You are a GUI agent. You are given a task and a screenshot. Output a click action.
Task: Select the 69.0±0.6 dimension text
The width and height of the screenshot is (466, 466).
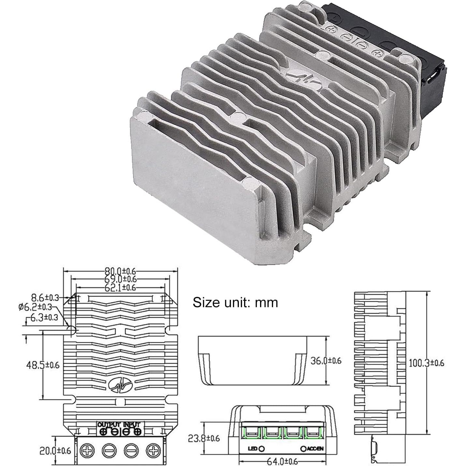pos(120,279)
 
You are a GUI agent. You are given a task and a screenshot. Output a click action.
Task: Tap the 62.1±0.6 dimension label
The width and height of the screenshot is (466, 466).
pos(120,287)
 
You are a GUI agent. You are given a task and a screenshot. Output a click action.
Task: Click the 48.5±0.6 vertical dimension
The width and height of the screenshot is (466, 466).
pos(43,365)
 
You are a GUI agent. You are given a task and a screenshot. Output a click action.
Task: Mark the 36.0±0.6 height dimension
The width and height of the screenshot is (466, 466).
pos(326,361)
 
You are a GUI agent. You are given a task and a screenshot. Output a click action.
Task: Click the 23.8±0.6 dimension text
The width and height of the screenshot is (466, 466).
pos(204,438)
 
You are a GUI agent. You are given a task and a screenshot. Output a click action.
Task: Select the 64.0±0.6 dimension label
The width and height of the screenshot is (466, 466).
pos(282,462)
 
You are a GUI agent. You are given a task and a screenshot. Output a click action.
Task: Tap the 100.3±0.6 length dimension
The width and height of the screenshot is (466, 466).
pos(427,363)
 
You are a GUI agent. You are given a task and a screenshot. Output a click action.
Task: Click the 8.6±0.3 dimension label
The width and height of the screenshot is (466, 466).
pos(45,297)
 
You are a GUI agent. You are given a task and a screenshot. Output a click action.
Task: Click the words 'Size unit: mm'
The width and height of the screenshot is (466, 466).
pos(235,302)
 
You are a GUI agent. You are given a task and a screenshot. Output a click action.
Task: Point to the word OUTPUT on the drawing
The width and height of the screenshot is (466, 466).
pos(109,425)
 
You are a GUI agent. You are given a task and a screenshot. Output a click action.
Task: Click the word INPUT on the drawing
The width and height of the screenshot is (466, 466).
pos(132,425)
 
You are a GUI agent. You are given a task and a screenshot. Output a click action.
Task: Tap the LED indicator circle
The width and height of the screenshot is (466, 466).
pos(261,449)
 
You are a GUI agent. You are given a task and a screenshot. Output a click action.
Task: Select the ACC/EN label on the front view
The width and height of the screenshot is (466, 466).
pos(315,449)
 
